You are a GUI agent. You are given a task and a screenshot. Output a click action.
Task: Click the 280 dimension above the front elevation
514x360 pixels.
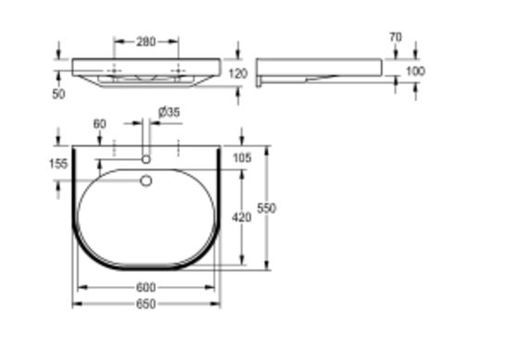tap(145, 42)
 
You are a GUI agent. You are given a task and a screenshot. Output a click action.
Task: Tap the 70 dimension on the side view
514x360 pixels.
tap(395, 37)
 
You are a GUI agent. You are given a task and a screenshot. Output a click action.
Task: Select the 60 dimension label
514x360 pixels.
tap(99, 124)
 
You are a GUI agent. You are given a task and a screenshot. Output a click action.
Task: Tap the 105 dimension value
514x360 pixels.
tap(243, 157)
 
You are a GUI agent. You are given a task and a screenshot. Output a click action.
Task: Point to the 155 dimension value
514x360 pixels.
tap(56, 163)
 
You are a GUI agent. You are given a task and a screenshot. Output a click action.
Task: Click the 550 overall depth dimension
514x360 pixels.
tap(267, 208)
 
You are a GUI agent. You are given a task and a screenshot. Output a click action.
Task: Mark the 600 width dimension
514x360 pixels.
tap(145, 287)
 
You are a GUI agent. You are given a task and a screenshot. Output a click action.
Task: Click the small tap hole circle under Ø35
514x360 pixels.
tap(145, 158)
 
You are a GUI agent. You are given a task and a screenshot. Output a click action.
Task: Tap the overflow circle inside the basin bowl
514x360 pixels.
tap(145, 181)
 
